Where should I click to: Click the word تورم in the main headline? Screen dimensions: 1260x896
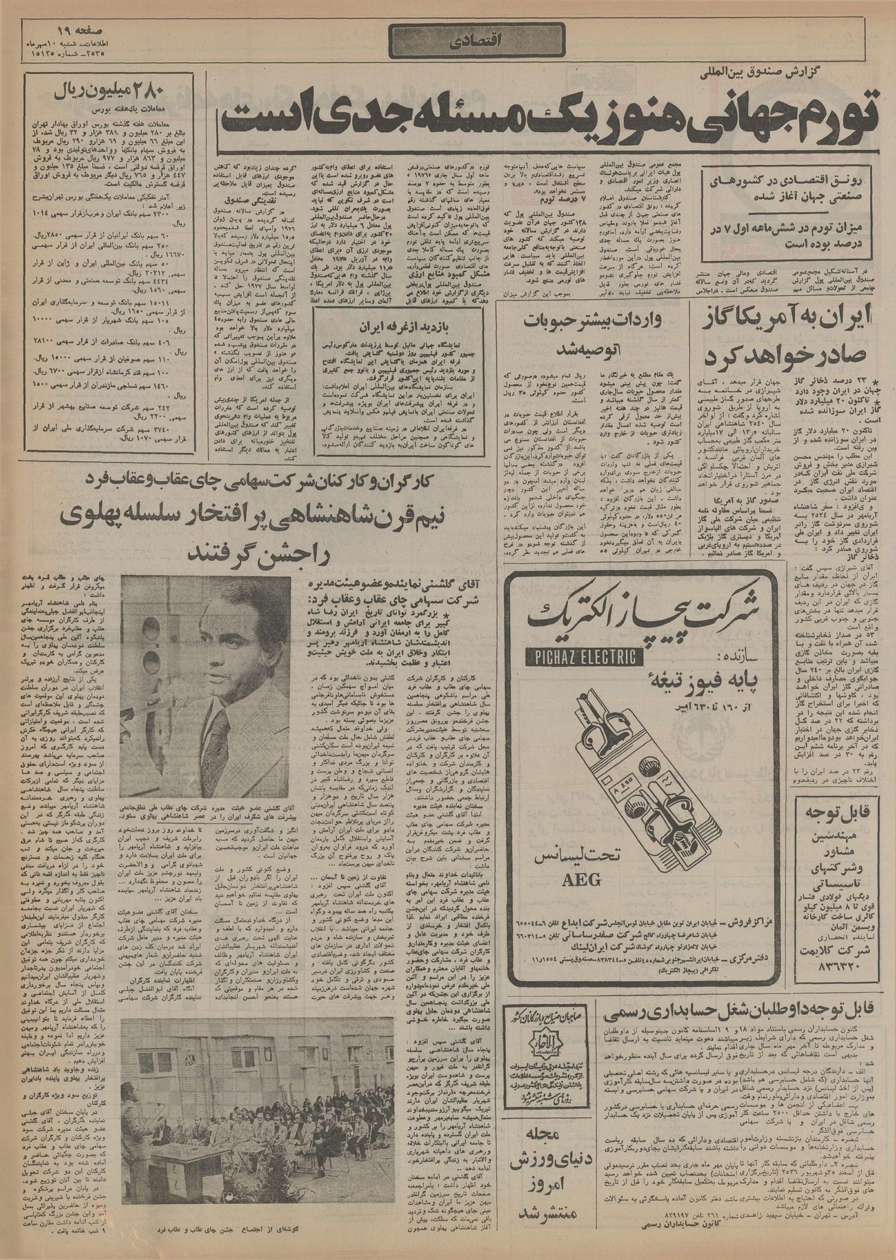[x=837, y=112]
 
